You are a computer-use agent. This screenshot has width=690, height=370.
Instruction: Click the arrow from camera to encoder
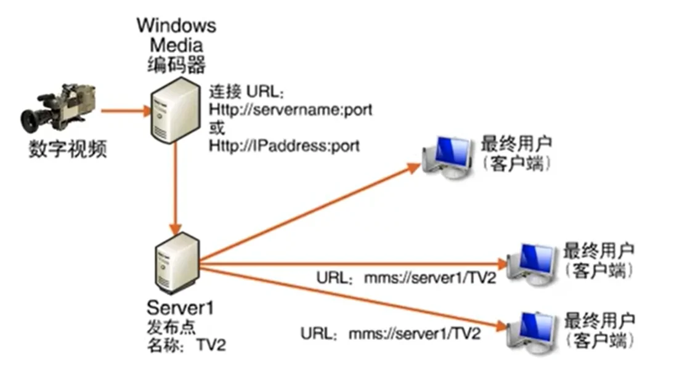126,111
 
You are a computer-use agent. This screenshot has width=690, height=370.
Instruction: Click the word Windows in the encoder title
176,26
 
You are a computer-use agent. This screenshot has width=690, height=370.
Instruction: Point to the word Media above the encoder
176,45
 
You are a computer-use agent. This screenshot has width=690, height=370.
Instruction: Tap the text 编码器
176,63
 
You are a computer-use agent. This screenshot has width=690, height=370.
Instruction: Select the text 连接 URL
246,92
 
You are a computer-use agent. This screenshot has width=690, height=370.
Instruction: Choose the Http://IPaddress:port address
284,147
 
